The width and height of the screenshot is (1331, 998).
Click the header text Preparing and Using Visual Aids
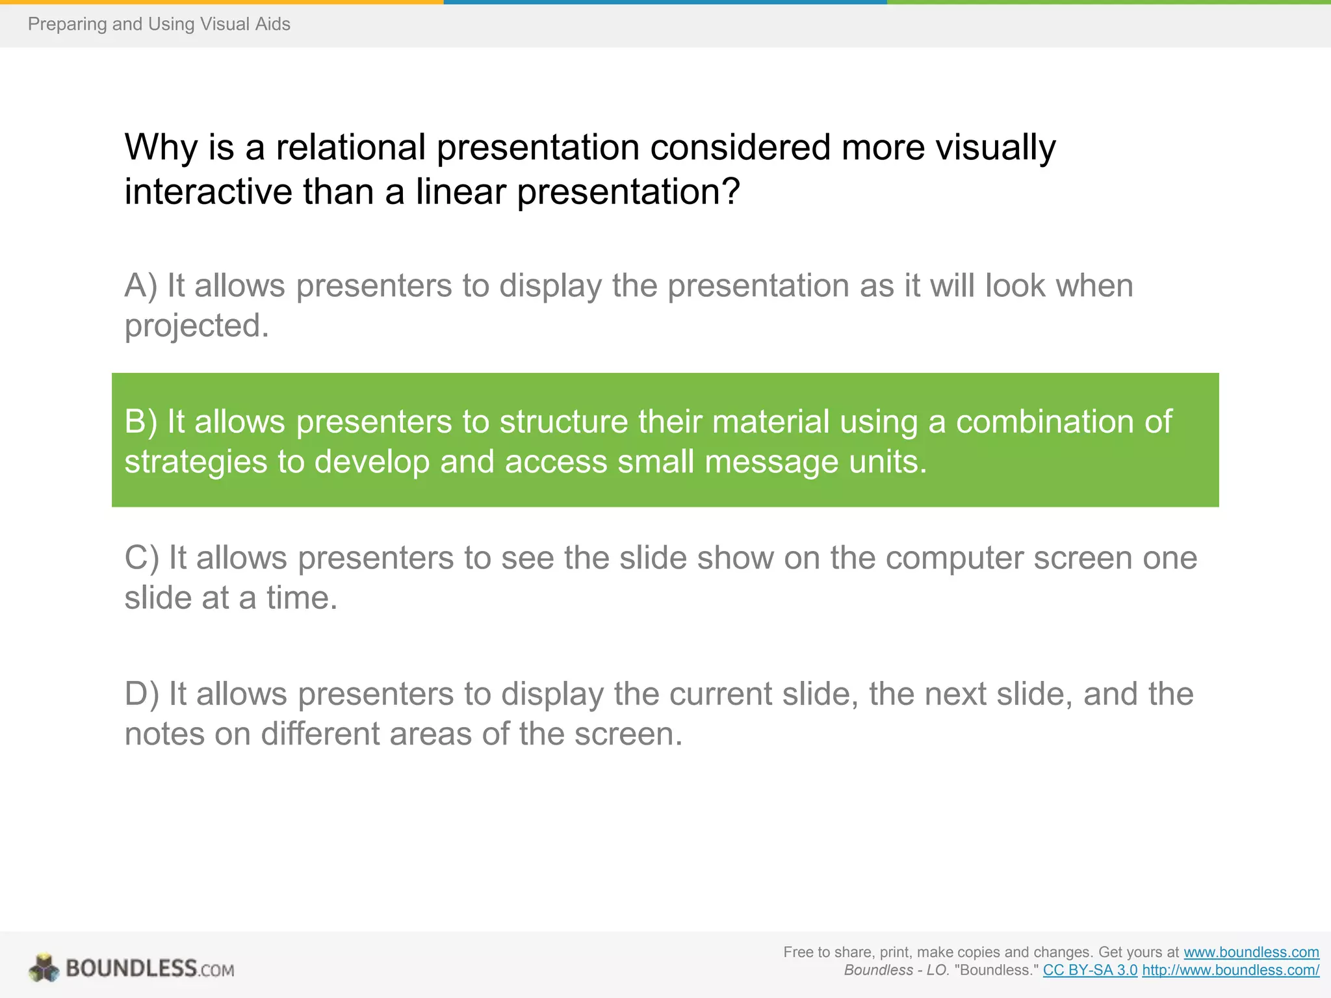pyautogui.click(x=159, y=24)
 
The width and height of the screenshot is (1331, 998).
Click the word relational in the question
pyautogui.click(x=350, y=147)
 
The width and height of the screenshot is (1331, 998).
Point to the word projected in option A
pyautogui.click(x=196, y=326)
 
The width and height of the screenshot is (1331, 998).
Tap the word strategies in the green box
pyautogui.click(x=196, y=462)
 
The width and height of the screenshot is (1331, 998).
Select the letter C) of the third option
pyautogui.click(x=141, y=558)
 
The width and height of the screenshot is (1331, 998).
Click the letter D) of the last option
pyautogui.click(x=141, y=694)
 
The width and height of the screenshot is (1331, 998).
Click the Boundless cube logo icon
pyautogui.click(x=44, y=968)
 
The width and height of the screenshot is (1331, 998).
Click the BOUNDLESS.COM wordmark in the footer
pyautogui.click(x=150, y=969)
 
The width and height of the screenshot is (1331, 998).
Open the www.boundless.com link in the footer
pyautogui.click(x=1251, y=953)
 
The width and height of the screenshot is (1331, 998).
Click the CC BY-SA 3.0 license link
pyautogui.click(x=1090, y=971)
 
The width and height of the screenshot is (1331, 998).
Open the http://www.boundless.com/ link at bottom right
pyautogui.click(x=1230, y=971)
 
